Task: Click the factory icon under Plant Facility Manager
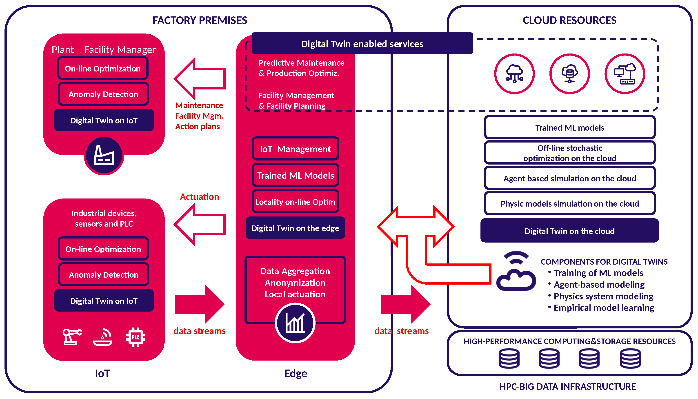(104, 155)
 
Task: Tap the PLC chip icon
(136, 337)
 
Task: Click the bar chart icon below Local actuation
(295, 323)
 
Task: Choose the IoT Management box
(295, 149)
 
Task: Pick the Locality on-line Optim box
(295, 202)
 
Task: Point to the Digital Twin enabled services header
(362, 44)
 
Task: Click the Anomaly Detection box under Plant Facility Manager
(103, 94)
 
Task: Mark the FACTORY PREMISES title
(200, 20)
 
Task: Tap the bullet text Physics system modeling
(603, 296)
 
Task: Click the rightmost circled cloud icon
(625, 74)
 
